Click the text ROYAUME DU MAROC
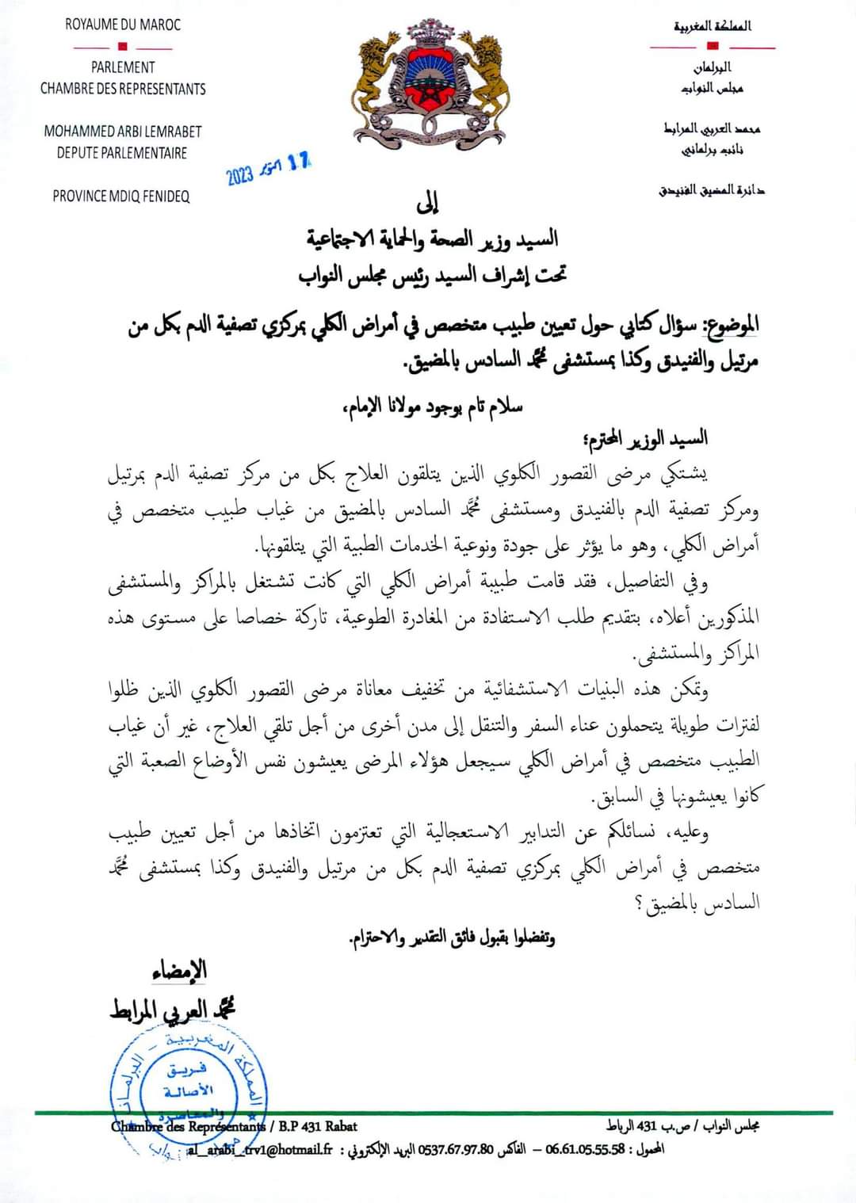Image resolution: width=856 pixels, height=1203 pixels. tap(123, 25)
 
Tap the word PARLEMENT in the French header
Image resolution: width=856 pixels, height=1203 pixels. tap(123, 67)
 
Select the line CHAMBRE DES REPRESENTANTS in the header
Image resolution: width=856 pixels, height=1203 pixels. tap(123, 89)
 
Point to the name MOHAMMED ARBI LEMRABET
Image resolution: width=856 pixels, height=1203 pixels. tap(123, 132)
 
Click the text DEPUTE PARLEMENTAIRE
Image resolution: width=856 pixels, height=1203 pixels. tap(122, 152)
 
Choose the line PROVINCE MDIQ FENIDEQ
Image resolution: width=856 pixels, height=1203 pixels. tap(121, 196)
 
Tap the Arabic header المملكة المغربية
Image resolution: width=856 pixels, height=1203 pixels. tap(713, 26)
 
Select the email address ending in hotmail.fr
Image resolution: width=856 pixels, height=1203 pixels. tap(262, 1149)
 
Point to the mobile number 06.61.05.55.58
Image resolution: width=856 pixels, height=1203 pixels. tap(585, 1149)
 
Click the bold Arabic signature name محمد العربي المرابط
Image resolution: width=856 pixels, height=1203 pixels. tap(173, 1009)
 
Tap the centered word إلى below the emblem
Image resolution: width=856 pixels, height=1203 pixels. tap(427, 204)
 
